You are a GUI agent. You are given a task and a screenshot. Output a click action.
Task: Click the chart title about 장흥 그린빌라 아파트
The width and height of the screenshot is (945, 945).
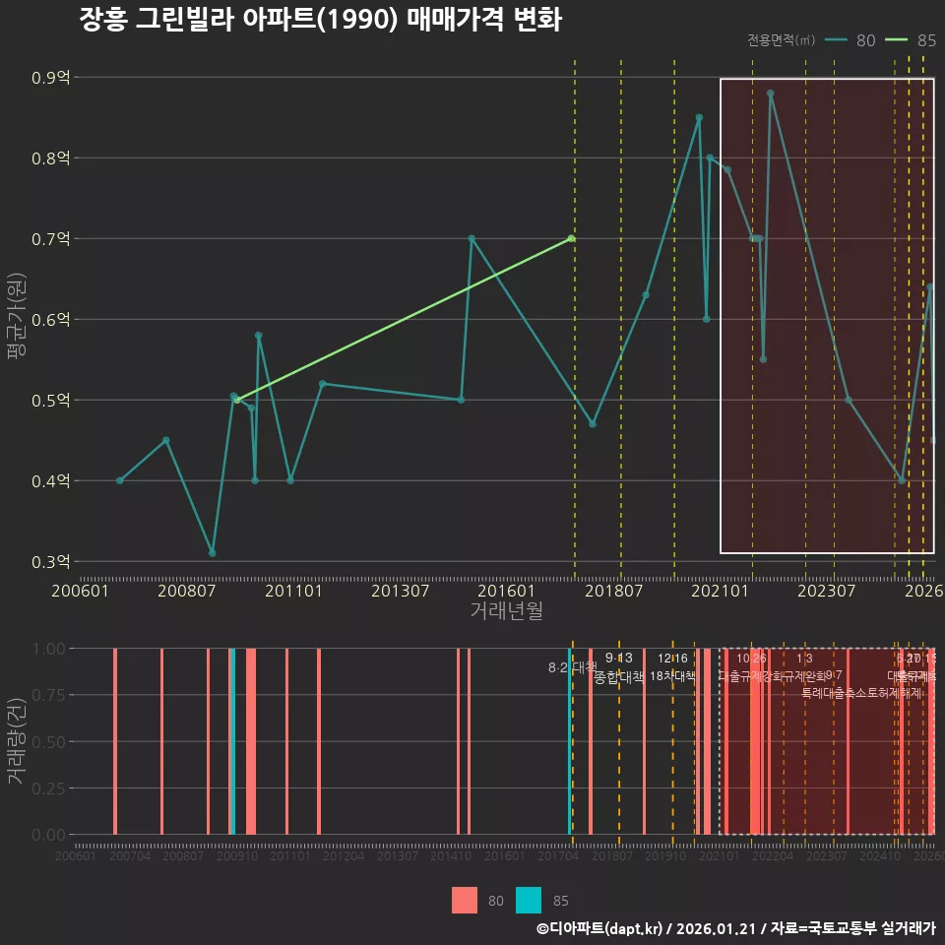coord(320,20)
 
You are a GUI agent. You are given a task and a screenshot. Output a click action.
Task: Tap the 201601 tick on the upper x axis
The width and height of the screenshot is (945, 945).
coord(508,591)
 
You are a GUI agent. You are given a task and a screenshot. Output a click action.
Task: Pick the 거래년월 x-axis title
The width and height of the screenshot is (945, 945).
coord(506,611)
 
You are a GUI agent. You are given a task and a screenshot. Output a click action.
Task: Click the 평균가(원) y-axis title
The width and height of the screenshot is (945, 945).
coord(16,320)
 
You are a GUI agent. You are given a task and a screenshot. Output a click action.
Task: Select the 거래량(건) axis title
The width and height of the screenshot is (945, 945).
coord(16,741)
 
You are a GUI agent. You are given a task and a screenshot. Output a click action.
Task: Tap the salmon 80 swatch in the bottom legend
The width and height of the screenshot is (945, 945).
coord(464,900)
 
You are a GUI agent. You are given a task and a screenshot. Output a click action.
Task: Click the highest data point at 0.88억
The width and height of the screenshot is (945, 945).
coord(770,94)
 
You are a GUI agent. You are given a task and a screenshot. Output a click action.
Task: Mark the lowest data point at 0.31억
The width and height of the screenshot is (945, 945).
coord(212,553)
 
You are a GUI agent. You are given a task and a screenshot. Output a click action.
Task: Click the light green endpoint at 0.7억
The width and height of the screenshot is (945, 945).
coord(571,238)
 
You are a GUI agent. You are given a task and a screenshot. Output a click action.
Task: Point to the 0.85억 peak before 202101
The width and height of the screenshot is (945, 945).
coord(699,117)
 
